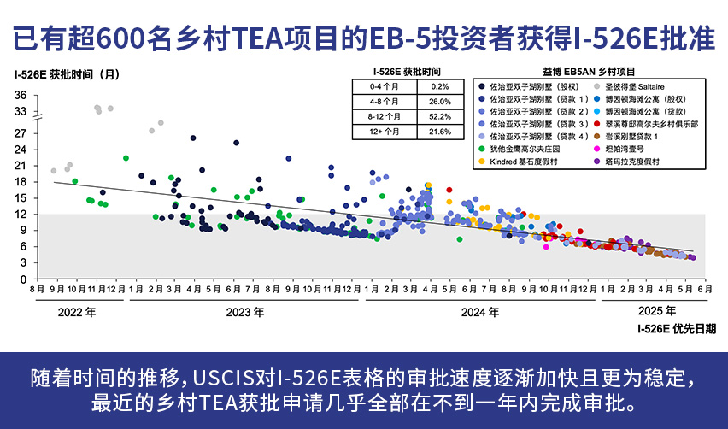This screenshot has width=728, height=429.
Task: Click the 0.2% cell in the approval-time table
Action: (439, 86)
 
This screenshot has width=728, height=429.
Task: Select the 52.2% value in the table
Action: (439, 116)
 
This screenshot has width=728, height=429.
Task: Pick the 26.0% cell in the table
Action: (439, 102)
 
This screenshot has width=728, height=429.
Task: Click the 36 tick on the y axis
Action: (21, 95)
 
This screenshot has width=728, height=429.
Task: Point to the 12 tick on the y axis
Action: (21, 214)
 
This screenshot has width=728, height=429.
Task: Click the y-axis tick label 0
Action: (24, 279)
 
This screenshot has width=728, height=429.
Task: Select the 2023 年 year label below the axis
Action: (245, 312)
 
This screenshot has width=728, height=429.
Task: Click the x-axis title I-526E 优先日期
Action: (676, 328)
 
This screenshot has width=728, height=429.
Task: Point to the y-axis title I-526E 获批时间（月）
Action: (67, 73)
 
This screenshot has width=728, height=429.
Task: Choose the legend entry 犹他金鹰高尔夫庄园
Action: (528, 149)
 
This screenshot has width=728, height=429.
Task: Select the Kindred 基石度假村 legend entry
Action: (528, 162)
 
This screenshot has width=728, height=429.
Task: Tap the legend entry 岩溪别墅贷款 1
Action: (637, 136)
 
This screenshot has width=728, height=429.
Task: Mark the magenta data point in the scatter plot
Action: (546, 247)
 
